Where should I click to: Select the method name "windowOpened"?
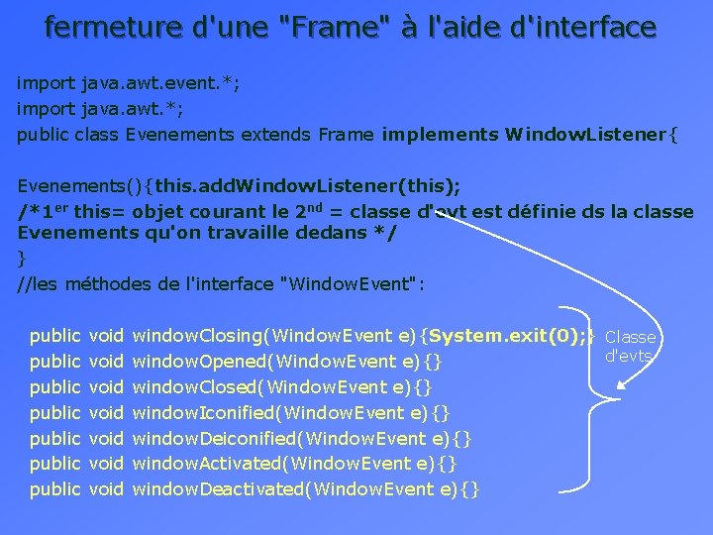click(x=197, y=362)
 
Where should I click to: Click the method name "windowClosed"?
click(x=194, y=387)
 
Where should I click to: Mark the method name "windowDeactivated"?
click(x=213, y=488)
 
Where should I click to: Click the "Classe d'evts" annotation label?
click(x=631, y=346)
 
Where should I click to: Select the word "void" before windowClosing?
click(x=106, y=336)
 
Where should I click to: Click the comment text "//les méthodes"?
click(x=84, y=284)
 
